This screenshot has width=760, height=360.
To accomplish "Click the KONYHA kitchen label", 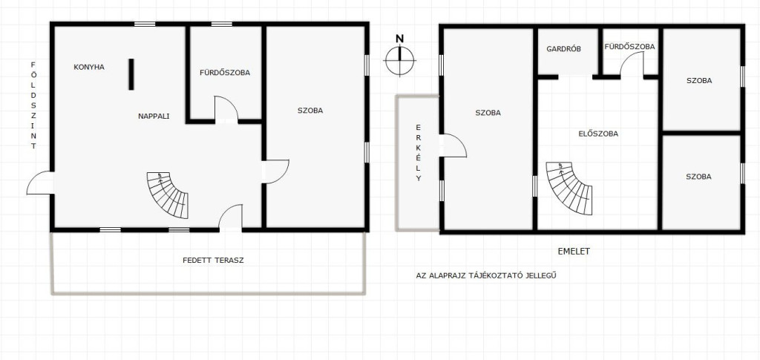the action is tap(89, 68).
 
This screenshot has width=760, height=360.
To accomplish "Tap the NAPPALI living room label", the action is tap(154, 117).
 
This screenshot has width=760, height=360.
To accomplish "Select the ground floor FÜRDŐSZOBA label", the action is tap(225, 73).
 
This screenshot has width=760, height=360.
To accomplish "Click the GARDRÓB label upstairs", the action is tap(564, 49).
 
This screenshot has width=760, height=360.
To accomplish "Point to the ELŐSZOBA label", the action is tap(599, 134).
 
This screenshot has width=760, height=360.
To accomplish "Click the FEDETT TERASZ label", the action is tap(213, 261).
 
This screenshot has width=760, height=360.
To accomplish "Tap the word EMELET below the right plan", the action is tap(574, 252).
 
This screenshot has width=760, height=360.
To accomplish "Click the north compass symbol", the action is tap(400, 61).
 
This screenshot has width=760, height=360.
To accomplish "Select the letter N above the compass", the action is tap(400, 39).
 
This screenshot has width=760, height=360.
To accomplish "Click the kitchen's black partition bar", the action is tap(131, 74).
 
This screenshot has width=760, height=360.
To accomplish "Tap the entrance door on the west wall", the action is tap(40, 183).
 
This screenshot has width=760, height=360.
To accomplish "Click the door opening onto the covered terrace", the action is tap(230, 217).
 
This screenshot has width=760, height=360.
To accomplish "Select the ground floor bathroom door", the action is tap(226, 108).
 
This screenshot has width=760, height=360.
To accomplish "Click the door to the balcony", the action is tap(453, 145).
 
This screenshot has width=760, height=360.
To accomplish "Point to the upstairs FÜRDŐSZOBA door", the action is tap(632, 65).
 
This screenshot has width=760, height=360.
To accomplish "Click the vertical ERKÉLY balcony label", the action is tap(419, 153).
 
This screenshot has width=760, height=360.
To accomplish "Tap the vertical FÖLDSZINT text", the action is tap(33, 105).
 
